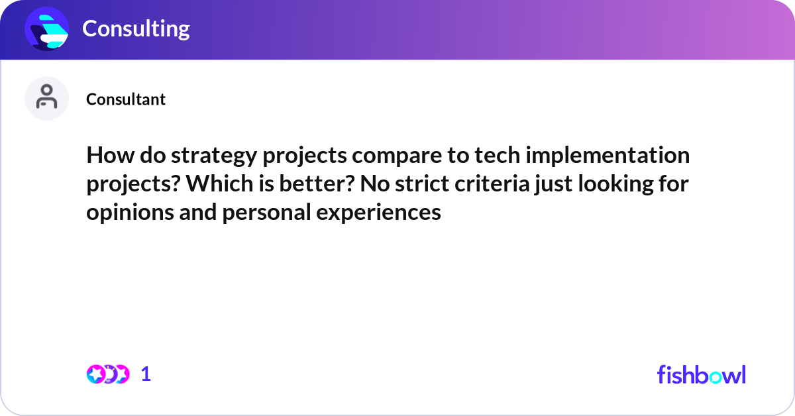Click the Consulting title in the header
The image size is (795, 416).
(136, 28)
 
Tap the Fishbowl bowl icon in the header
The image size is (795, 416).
(47, 28)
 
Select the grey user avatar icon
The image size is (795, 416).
(46, 98)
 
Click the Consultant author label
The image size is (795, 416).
(126, 99)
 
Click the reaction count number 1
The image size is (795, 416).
(146, 374)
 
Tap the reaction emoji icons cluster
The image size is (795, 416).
(107, 374)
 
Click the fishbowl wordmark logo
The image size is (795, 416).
(701, 374)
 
